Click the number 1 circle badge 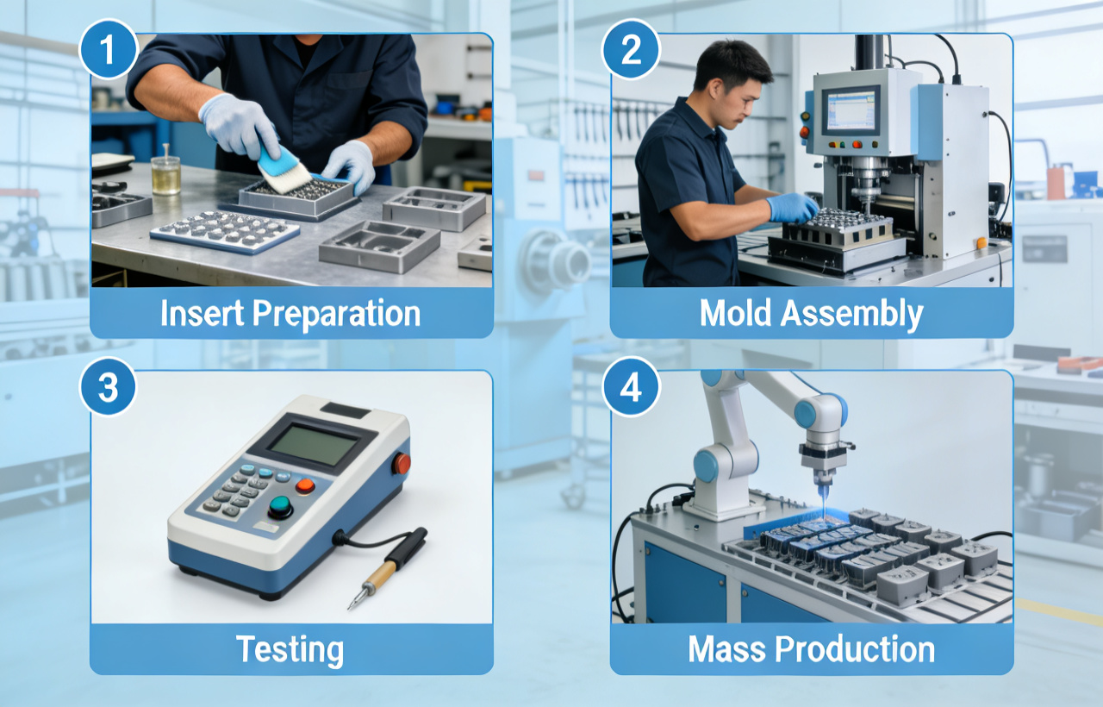click(x=108, y=51)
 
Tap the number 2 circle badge click(x=631, y=51)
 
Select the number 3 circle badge click(x=108, y=388)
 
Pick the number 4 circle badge click(x=631, y=388)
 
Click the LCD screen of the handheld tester click(x=313, y=446)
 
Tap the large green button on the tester click(x=280, y=507)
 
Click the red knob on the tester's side click(x=402, y=464)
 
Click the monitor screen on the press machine click(x=850, y=110)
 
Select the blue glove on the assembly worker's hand click(x=791, y=207)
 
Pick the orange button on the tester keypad click(x=305, y=485)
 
